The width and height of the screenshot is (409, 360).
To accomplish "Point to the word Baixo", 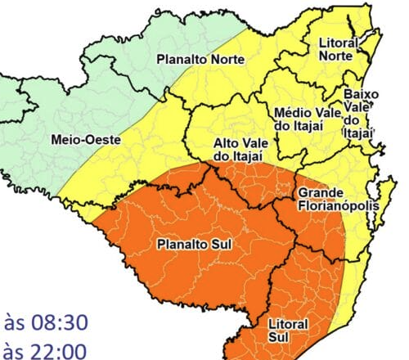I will click(x=361, y=94).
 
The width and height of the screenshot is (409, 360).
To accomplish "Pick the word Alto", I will click(x=226, y=141).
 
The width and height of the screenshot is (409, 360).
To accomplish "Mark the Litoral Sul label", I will click(x=288, y=331).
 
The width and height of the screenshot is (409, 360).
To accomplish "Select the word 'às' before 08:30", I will click(x=16, y=320).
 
